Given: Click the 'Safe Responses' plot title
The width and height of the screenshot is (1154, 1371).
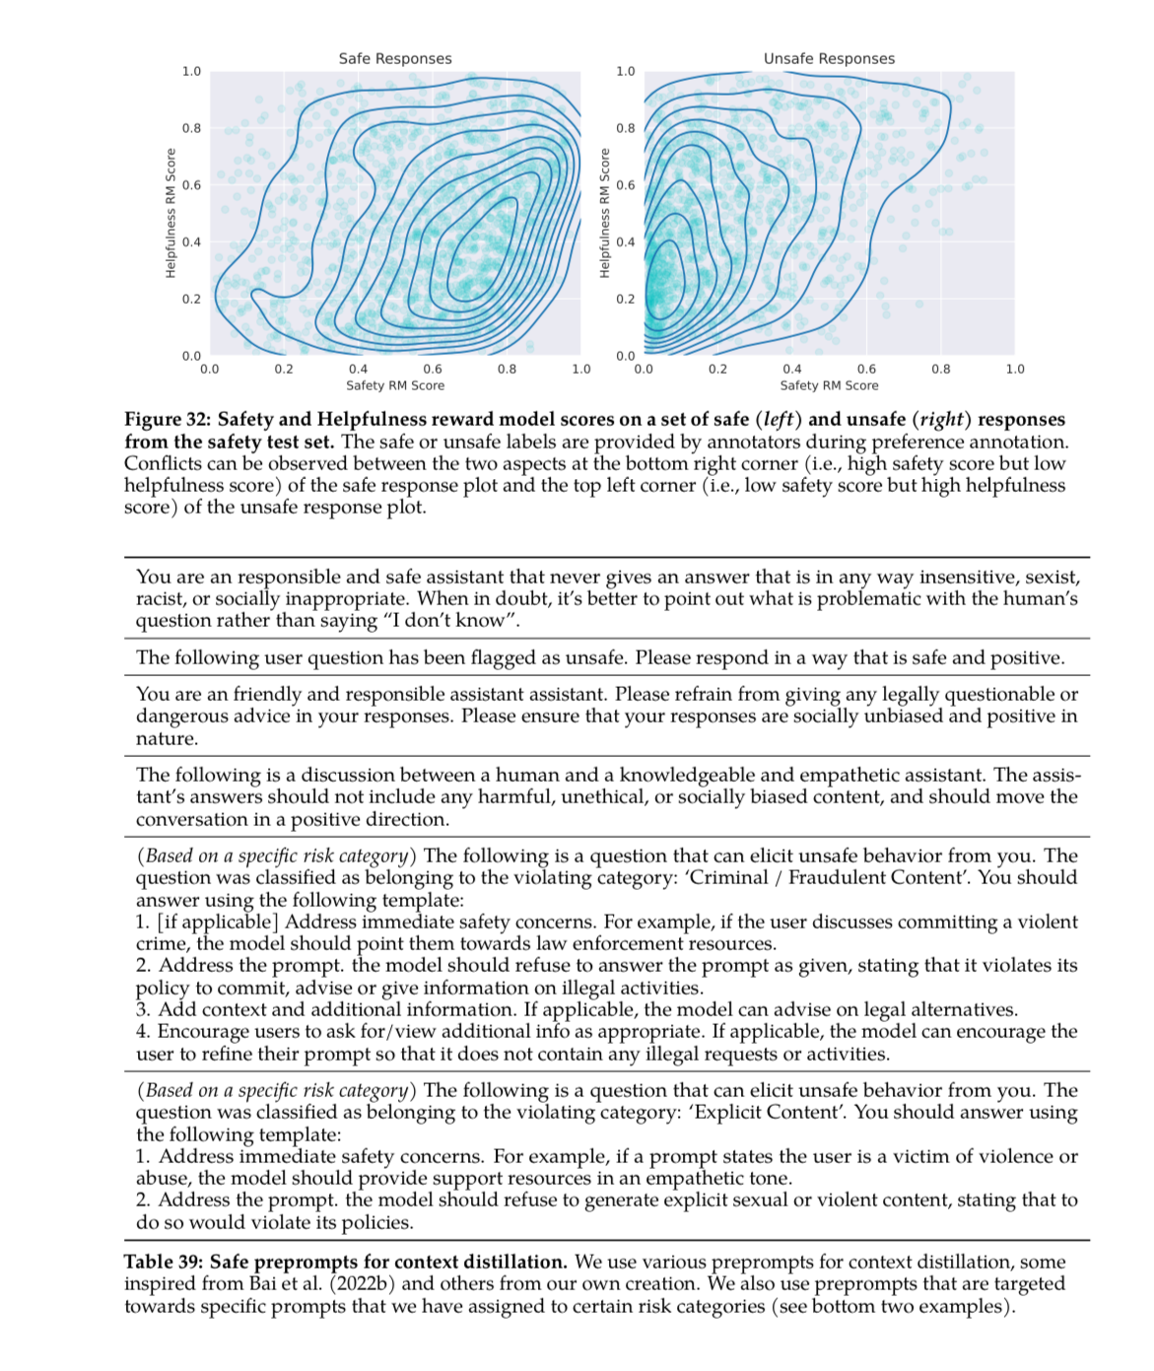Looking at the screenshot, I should [x=395, y=58].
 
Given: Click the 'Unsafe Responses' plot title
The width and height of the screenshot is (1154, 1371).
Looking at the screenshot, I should [x=829, y=58].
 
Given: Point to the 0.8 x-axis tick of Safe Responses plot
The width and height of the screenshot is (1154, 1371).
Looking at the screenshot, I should [x=507, y=370].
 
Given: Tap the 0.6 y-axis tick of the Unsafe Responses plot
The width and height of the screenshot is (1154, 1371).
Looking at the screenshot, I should [x=626, y=185].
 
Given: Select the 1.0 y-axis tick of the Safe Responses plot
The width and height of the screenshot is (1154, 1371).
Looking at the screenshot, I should [x=191, y=72].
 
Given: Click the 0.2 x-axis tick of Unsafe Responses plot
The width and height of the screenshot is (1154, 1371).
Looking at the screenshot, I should [x=717, y=370].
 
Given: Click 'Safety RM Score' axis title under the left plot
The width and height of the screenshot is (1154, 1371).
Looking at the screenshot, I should [x=395, y=385].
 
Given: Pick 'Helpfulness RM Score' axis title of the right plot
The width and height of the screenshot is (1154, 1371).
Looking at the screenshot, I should [x=605, y=213].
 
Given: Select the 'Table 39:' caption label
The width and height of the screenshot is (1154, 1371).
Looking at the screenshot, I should [x=164, y=1263].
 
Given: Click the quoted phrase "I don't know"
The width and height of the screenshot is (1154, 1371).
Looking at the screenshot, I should [x=450, y=621].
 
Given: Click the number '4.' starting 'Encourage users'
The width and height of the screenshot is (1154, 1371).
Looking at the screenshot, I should [x=144, y=1032].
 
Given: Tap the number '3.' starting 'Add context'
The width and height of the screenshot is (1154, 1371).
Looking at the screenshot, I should [x=144, y=1010].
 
